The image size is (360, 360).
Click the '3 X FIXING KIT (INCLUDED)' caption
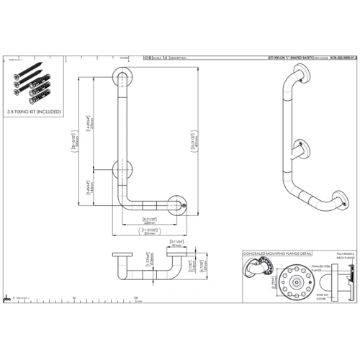click(x=35, y=112)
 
